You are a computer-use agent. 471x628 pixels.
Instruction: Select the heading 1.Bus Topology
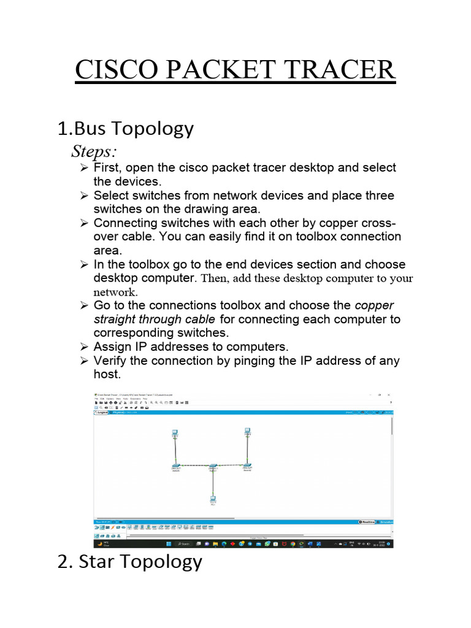pyautogui.click(x=125, y=129)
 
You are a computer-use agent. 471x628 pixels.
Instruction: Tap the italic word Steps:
pyautogui.click(x=95, y=151)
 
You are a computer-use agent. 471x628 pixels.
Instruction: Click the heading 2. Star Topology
pyautogui.click(x=129, y=561)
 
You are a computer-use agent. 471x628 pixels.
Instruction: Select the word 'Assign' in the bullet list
pyautogui.click(x=112, y=347)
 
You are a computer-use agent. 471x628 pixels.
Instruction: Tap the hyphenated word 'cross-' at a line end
pyautogui.click(x=381, y=223)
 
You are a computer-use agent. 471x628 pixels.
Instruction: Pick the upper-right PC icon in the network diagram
pyautogui.click(x=247, y=432)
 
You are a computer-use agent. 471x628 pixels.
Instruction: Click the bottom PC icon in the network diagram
pyautogui.click(x=212, y=500)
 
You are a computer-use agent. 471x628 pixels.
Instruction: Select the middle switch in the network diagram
pyautogui.click(x=213, y=467)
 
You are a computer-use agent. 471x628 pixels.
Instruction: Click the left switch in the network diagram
pyautogui.click(x=175, y=467)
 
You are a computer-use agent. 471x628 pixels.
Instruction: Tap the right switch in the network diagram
pyautogui.click(x=247, y=467)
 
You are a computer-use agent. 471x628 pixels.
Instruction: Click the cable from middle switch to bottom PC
pyautogui.click(x=212, y=483)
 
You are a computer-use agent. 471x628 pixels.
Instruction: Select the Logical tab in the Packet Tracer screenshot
pyautogui.click(x=101, y=413)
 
